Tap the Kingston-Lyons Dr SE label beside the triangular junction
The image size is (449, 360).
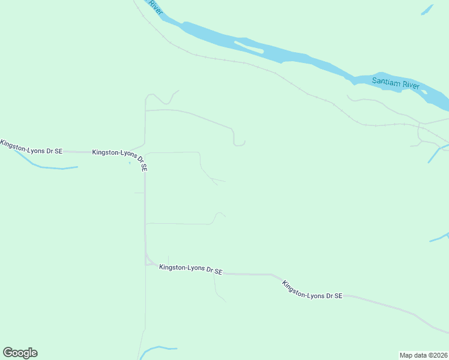click(190, 269)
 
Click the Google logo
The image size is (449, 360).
click(20, 353)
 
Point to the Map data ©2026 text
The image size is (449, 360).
click(424, 355)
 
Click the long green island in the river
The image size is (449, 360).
click(249, 46)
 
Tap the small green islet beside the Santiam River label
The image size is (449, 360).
click(424, 92)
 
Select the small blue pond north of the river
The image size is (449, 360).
click(427, 10)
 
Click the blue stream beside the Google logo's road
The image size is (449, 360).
click(157, 349)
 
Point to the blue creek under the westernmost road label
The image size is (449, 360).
click(48, 166)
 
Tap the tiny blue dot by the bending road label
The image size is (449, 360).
click(130, 163)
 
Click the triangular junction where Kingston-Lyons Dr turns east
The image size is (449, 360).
click(148, 261)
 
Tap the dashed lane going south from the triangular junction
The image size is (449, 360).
click(145, 300)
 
